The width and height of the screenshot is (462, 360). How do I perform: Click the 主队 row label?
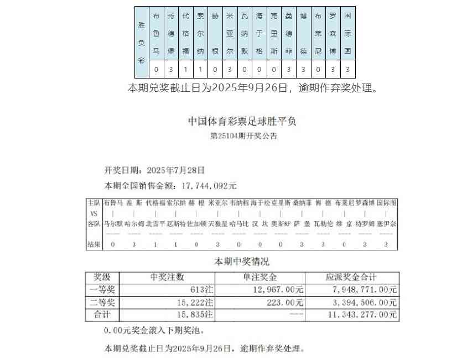(x=94, y=203)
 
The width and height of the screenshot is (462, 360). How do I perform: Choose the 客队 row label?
(x=94, y=224)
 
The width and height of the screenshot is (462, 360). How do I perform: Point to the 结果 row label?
(x=94, y=244)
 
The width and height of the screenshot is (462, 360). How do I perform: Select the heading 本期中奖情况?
(x=242, y=262)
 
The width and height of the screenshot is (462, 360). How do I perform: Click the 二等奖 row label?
(x=103, y=302)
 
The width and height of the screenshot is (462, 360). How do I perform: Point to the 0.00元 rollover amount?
(x=117, y=331)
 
